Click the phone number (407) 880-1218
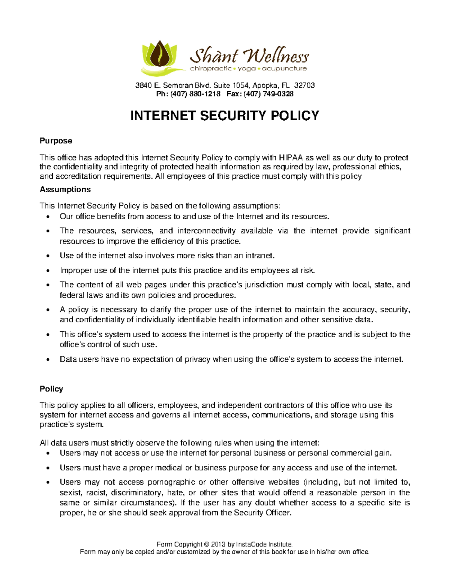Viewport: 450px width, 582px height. click(x=195, y=94)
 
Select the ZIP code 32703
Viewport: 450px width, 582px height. click(x=304, y=85)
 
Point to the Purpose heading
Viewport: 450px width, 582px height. click(x=56, y=141)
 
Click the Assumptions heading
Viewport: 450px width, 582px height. click(x=65, y=189)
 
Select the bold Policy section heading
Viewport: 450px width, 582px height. click(x=51, y=389)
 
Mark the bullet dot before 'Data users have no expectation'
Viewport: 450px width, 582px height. click(x=47, y=360)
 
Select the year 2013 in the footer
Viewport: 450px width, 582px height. click(x=218, y=544)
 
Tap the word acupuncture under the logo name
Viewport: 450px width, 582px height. click(x=284, y=69)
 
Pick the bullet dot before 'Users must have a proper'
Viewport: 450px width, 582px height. click(x=47, y=468)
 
